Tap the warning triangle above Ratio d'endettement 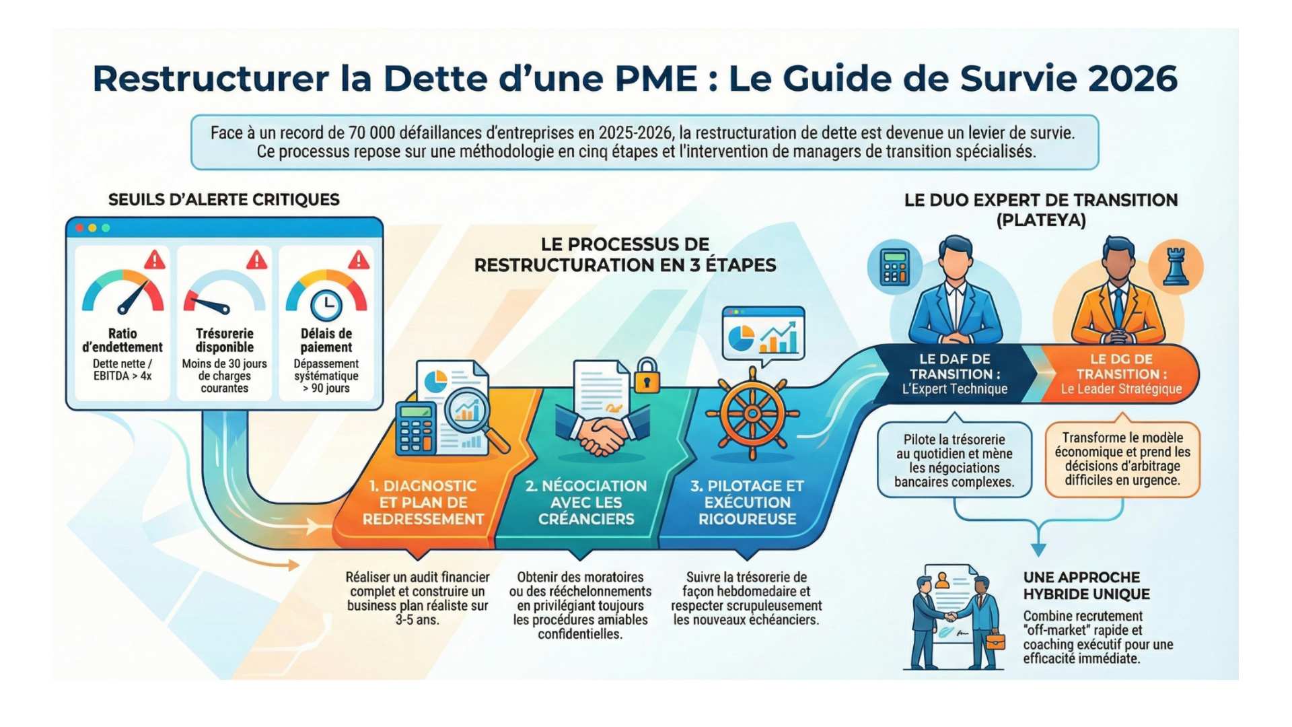tap(155, 259)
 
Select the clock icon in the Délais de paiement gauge tap(326, 305)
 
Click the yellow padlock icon tap(647, 376)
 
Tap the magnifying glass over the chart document tap(474, 418)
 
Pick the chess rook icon tap(1176, 267)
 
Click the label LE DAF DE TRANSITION tap(955, 367)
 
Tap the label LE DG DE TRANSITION tap(1121, 367)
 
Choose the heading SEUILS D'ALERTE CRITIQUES tap(224, 200)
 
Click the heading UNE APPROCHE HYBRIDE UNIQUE tap(1086, 586)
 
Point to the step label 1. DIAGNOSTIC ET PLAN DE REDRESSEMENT tap(423, 502)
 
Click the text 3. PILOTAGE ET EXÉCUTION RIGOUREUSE tap(747, 502)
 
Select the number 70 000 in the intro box tap(371, 133)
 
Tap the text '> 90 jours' tap(326, 388)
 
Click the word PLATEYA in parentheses tap(1041, 220)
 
